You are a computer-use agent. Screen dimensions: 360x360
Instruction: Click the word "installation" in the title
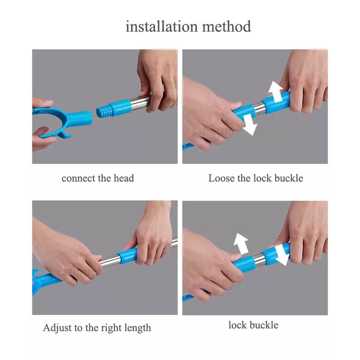tap(162, 26)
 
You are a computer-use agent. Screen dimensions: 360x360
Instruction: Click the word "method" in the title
tap(227, 26)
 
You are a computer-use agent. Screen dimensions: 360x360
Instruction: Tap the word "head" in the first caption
tap(124, 178)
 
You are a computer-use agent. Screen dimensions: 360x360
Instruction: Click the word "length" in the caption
tap(138, 328)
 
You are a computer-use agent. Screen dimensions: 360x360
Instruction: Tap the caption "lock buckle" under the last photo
tap(253, 325)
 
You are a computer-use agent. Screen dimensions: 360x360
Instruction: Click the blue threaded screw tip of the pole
tap(104, 111)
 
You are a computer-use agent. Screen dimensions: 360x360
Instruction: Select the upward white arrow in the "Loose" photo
tap(276, 91)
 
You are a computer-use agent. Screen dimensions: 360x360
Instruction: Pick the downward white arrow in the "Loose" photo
tap(249, 125)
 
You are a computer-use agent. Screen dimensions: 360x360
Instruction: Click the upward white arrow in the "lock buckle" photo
tap(241, 244)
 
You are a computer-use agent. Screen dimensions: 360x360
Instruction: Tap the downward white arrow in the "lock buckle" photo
tap(282, 255)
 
